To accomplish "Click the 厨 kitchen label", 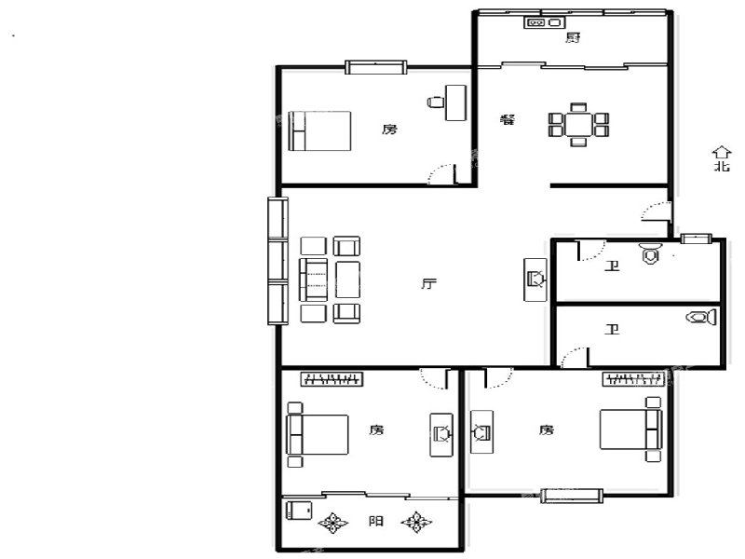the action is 573,37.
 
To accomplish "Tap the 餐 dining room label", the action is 508,119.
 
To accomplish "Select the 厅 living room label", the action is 428,284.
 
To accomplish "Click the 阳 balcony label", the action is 376,521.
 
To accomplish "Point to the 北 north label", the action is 722,166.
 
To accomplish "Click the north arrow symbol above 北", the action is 721,152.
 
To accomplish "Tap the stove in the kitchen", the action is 544,21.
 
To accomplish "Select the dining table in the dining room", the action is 578,124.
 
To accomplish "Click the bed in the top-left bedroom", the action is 319,130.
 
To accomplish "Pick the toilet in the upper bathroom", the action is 650,252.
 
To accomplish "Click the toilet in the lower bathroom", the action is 701,317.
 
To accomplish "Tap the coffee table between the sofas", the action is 347,279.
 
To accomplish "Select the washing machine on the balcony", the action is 299,511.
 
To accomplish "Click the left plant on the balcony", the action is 332,523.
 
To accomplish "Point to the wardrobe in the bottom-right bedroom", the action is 633,379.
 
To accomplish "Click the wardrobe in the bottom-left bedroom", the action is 332,379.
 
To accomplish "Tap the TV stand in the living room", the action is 535,279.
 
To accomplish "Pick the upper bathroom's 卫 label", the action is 612,266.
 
